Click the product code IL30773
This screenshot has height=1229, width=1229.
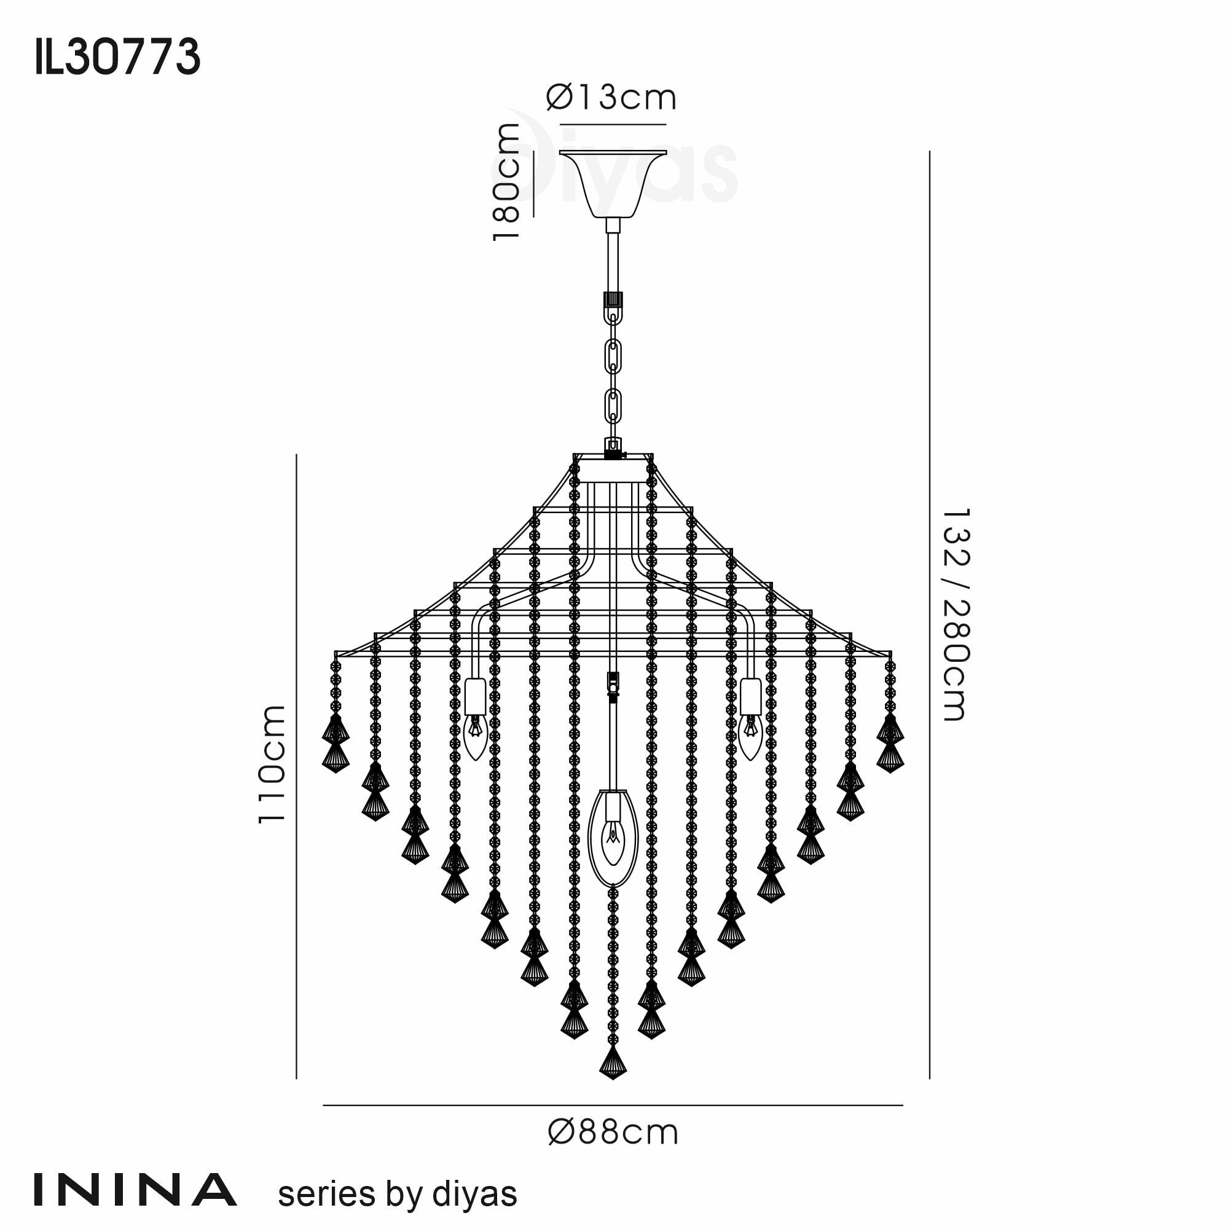[118, 57]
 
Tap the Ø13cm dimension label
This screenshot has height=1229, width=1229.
[611, 98]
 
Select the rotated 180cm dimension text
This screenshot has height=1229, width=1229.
[507, 183]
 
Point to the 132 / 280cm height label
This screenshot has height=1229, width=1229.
[955, 614]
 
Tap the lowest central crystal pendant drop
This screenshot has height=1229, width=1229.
[613, 1062]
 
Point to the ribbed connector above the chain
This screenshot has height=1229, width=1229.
[613, 300]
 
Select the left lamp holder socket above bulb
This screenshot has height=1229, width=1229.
[475, 697]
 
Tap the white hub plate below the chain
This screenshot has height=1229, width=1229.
[613, 471]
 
